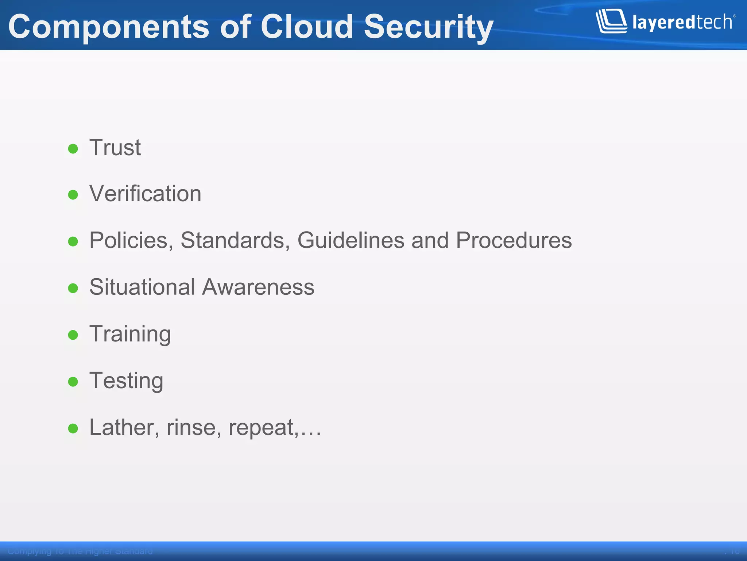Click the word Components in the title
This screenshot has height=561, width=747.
[x=109, y=27]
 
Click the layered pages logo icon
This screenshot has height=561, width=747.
[x=611, y=21]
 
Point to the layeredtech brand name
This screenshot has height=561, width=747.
[x=682, y=23]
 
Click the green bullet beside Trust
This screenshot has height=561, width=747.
[x=73, y=149]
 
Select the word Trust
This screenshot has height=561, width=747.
[x=115, y=148]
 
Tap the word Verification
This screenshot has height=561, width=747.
[x=145, y=194]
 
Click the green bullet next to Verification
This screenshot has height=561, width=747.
[x=73, y=195]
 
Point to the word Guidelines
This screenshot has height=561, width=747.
[x=351, y=240]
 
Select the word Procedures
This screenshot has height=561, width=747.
[x=514, y=240]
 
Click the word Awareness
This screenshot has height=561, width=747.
[x=258, y=287]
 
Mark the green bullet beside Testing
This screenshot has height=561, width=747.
[x=73, y=382]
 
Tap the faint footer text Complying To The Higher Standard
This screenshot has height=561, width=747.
[x=80, y=551]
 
